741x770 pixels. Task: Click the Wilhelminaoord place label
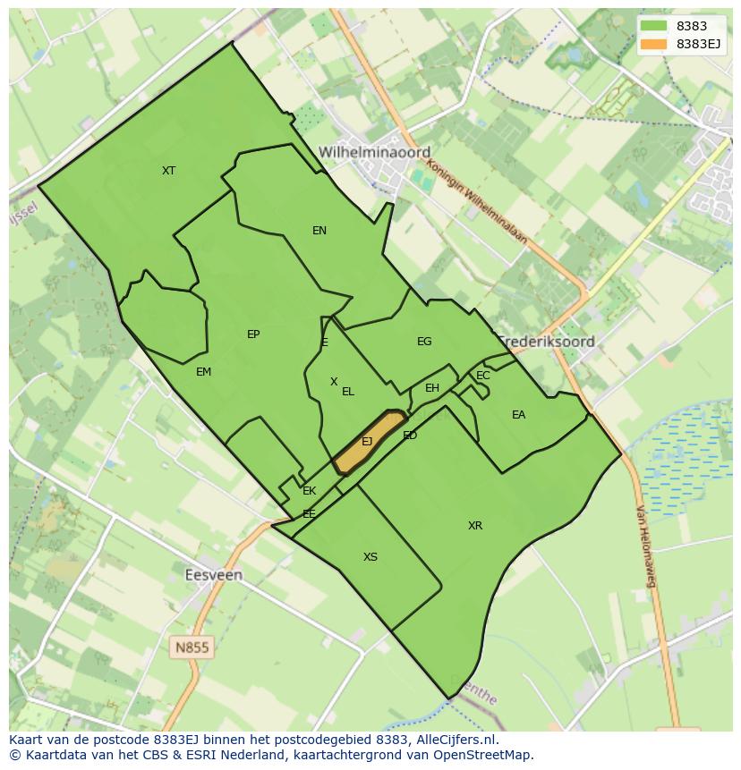(375, 152)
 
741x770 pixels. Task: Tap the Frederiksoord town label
(547, 342)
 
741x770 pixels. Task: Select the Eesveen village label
(213, 575)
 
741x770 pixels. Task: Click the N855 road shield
(192, 647)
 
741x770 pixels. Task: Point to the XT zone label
(168, 170)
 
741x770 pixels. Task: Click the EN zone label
(319, 231)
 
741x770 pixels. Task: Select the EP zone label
(253, 334)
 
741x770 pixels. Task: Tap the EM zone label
(203, 372)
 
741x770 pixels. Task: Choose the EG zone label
(424, 342)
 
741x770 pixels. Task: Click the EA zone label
(518, 415)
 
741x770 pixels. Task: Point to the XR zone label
(475, 526)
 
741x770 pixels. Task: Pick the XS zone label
(370, 557)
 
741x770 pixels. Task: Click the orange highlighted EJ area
(368, 441)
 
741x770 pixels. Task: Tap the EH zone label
(432, 388)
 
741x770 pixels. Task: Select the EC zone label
(483, 376)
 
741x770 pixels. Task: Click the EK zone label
(309, 491)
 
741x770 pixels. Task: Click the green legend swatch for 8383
(654, 26)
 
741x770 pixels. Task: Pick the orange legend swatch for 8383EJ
(654, 44)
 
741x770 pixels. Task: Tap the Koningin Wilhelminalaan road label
(477, 203)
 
